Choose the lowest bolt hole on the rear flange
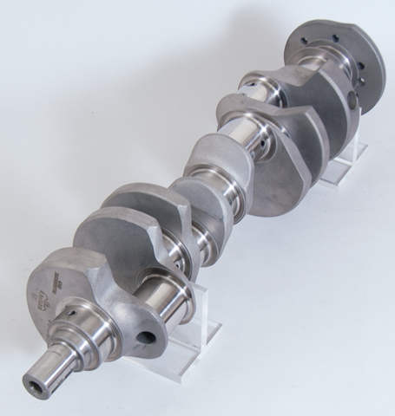point(357,103)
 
